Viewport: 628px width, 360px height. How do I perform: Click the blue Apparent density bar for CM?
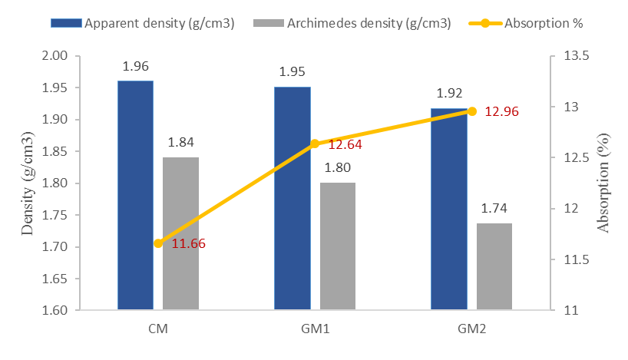coord(135,196)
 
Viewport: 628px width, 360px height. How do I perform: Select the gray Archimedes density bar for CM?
coord(180,234)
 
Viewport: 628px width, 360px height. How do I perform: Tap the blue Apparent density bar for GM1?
coord(293,199)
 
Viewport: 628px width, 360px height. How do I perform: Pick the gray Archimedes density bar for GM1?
coord(338,246)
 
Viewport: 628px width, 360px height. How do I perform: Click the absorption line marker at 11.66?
coord(158,243)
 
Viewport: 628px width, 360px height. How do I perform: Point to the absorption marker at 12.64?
coord(315,144)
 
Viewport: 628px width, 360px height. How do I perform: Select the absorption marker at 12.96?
coord(472,111)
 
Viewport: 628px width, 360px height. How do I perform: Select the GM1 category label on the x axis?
coord(315,329)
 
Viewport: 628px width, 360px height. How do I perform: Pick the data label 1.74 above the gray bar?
coord(494,208)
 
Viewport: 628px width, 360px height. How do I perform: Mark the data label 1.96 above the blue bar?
coord(135,66)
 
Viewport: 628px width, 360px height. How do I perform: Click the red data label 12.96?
coord(502,112)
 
